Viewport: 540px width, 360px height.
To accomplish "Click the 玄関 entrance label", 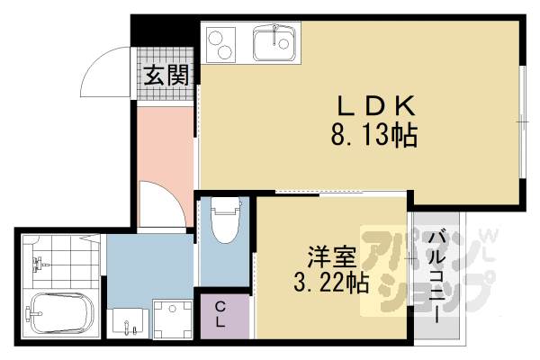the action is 166,75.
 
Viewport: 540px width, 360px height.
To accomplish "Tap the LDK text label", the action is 376,106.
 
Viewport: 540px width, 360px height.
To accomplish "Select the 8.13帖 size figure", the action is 374,135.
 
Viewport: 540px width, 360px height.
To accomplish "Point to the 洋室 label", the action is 331,256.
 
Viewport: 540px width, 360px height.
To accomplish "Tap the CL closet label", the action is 220,314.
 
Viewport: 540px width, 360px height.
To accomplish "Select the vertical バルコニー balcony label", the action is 436,277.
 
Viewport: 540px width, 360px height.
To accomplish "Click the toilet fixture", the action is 225,220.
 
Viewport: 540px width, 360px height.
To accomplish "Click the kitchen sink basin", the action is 274,44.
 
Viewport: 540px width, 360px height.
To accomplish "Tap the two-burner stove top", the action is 220,45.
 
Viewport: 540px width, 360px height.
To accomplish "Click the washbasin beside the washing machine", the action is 128,322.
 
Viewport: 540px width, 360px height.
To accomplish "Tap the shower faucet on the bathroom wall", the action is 39,263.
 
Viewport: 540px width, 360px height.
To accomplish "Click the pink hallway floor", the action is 165,145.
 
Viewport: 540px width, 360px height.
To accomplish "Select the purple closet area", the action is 225,316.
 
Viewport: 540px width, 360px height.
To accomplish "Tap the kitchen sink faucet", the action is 274,34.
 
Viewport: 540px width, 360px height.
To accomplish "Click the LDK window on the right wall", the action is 523,122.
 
